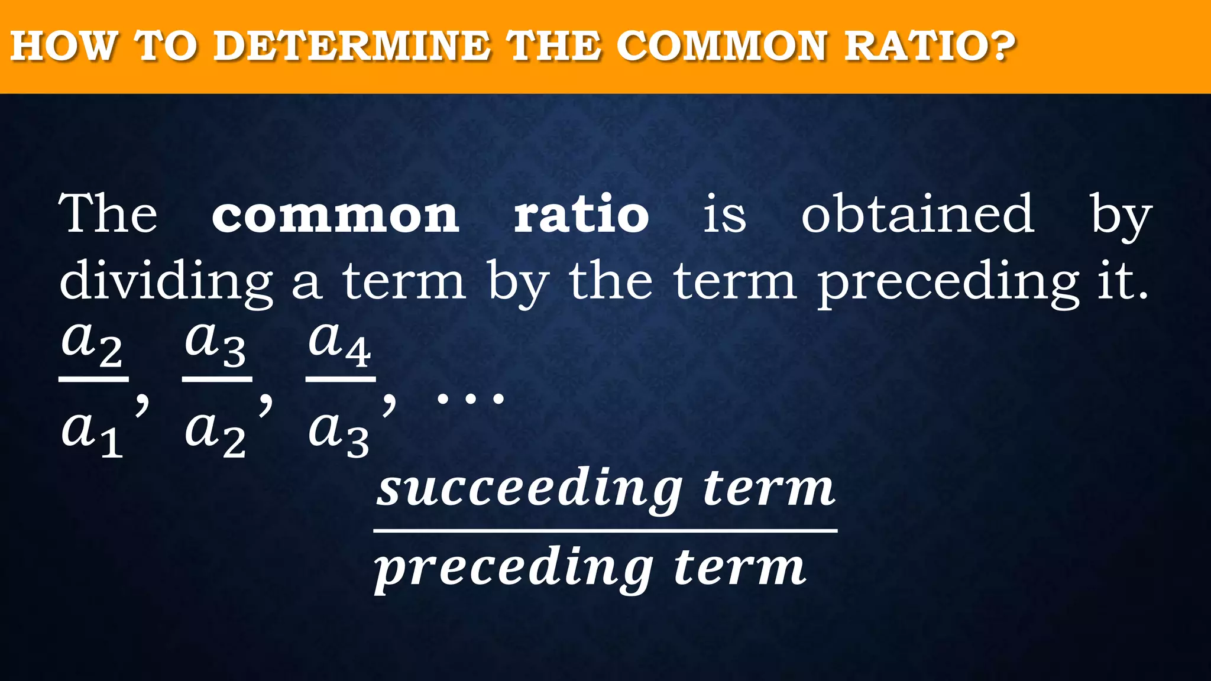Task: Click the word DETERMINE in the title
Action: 352,46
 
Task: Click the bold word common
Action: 335,215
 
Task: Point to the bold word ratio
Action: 581,214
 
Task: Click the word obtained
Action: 917,214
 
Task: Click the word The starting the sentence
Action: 108,214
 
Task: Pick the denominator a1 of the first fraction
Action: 92,432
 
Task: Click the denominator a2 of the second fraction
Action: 215,432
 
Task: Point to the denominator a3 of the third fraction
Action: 339,432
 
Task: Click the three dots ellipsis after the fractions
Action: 470,400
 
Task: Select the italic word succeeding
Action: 530,490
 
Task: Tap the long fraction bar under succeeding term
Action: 605,531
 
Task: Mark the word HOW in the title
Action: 63,46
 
